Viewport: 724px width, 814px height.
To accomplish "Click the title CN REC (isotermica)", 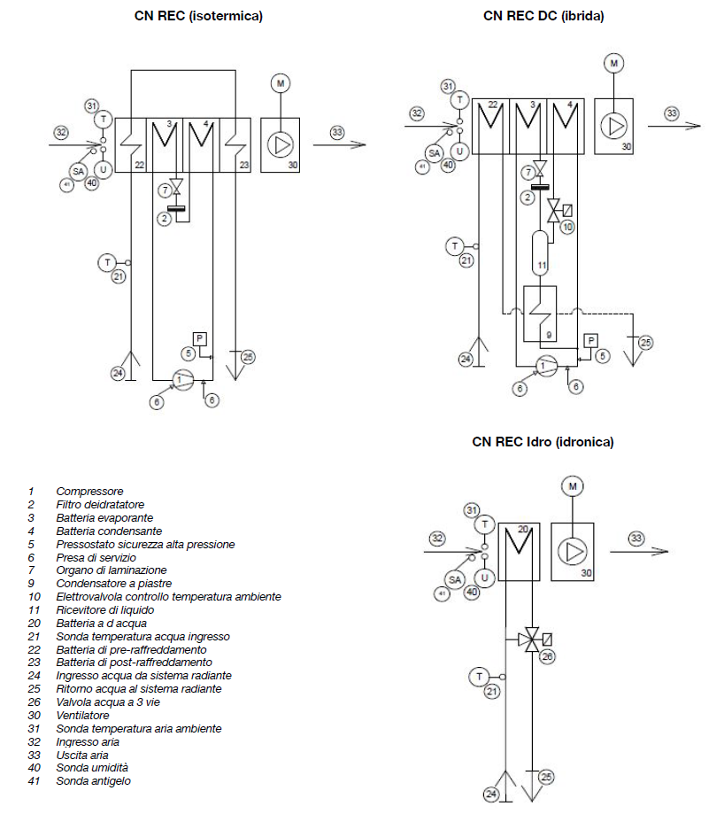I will click(x=198, y=16).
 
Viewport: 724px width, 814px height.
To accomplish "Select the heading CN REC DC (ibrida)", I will click(x=543, y=16).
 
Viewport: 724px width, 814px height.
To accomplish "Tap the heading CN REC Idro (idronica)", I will click(x=543, y=441).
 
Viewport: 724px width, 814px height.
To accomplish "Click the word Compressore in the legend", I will click(x=89, y=491).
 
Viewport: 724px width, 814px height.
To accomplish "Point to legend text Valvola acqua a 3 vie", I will click(x=108, y=702).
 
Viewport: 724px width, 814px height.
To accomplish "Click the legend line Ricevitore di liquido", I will click(x=105, y=610).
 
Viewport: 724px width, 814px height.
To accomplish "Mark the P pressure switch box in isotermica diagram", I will click(x=199, y=338).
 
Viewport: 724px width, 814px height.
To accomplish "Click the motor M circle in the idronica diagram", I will click(x=573, y=486).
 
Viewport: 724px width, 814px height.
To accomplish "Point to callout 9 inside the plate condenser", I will click(x=548, y=335).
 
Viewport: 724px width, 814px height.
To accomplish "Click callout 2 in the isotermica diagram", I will click(x=165, y=218).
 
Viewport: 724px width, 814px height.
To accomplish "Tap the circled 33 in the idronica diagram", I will click(x=637, y=538).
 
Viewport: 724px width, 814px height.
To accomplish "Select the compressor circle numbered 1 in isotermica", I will click(x=181, y=380).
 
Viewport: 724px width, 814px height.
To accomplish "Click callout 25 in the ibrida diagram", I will click(x=645, y=342).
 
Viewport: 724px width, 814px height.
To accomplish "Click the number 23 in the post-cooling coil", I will click(x=243, y=165).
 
